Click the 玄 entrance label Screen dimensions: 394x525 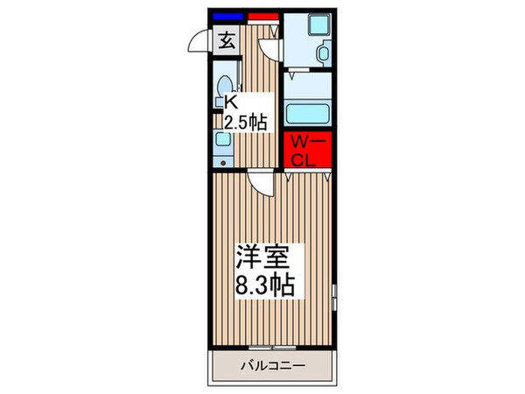click(225, 39)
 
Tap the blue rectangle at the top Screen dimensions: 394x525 click(227, 16)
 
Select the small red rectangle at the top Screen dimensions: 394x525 click(262, 16)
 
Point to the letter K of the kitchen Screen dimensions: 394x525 click(232, 102)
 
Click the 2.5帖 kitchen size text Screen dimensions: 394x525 click(246, 122)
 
